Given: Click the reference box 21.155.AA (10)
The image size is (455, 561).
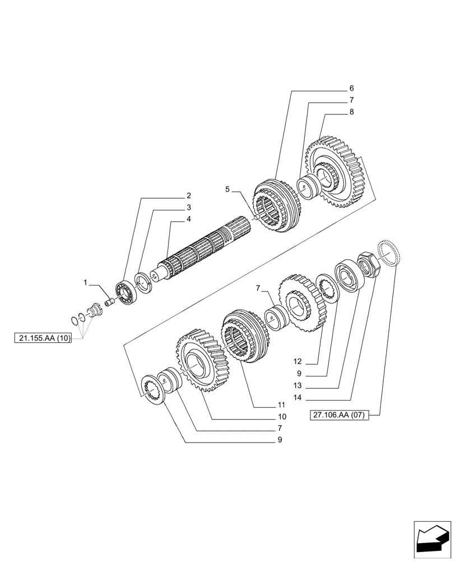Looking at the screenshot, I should [43, 338].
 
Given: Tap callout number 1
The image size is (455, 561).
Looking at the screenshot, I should [86, 283].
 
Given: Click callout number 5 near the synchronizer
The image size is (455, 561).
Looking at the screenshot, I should [227, 190].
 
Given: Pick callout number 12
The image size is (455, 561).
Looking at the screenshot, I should [297, 361].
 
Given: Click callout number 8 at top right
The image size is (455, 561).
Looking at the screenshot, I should [351, 112].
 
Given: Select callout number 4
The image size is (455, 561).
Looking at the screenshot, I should [188, 219].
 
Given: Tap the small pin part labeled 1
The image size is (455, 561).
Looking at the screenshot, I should [110, 302].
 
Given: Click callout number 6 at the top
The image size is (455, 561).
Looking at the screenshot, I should [351, 89].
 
